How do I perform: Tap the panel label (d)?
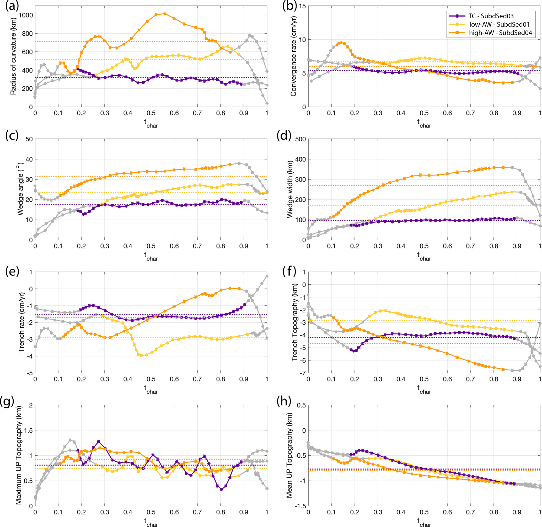[284, 136]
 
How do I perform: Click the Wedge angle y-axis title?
[20, 189]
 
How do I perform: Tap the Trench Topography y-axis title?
[294, 322]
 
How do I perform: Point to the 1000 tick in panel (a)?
[25, 15]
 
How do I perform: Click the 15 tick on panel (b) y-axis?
[302, 6]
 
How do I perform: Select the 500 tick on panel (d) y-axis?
[300, 139]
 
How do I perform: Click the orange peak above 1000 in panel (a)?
[165, 14]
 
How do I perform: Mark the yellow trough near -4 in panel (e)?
[142, 355]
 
